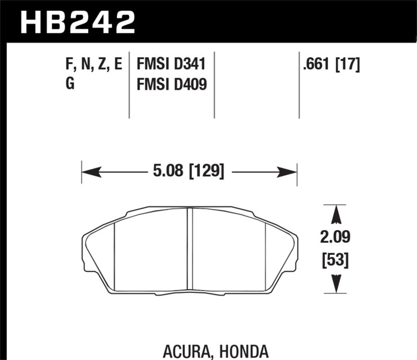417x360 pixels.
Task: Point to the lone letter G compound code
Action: (70, 83)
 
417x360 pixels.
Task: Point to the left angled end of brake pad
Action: (99, 250)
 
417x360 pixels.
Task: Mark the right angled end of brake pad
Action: (281, 250)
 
